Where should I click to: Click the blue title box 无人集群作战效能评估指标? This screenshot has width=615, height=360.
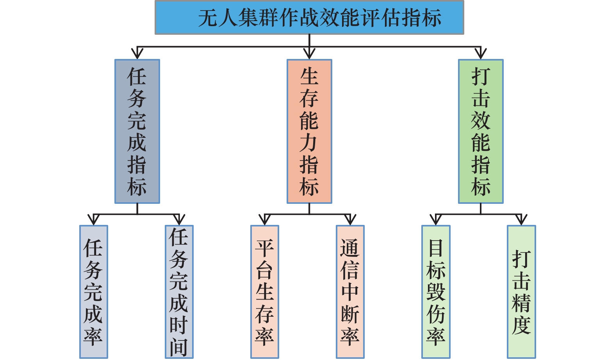coord(309,17)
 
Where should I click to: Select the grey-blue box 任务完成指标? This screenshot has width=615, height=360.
coord(137,131)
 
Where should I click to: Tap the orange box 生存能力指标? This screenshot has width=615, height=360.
coord(309,131)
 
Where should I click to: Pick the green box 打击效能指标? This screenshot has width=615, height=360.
coord(481,131)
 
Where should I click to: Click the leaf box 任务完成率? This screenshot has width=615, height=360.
coord(94,292)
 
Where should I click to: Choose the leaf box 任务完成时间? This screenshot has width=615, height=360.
coord(179,292)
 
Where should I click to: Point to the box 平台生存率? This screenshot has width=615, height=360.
coord(265,292)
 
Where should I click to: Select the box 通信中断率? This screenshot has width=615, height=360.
coord(350,292)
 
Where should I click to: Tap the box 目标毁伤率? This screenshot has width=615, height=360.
coord(436,292)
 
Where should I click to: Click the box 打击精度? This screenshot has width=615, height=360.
coord(521,292)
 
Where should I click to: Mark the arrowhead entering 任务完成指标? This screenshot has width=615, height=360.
coord(137,53)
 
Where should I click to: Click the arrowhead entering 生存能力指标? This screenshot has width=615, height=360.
coord(309,53)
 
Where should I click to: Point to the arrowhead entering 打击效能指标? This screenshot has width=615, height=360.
coord(481,53)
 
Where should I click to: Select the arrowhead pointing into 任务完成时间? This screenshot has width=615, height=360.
coord(179,220)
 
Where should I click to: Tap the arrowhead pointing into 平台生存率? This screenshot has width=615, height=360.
coord(265,220)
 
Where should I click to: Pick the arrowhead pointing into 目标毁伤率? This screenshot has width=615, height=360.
coord(436,220)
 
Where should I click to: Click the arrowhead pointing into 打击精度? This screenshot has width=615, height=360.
coord(521,220)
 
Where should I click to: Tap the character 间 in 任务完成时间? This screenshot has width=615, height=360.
coord(179,348)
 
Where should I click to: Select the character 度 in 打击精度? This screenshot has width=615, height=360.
coord(521,326)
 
